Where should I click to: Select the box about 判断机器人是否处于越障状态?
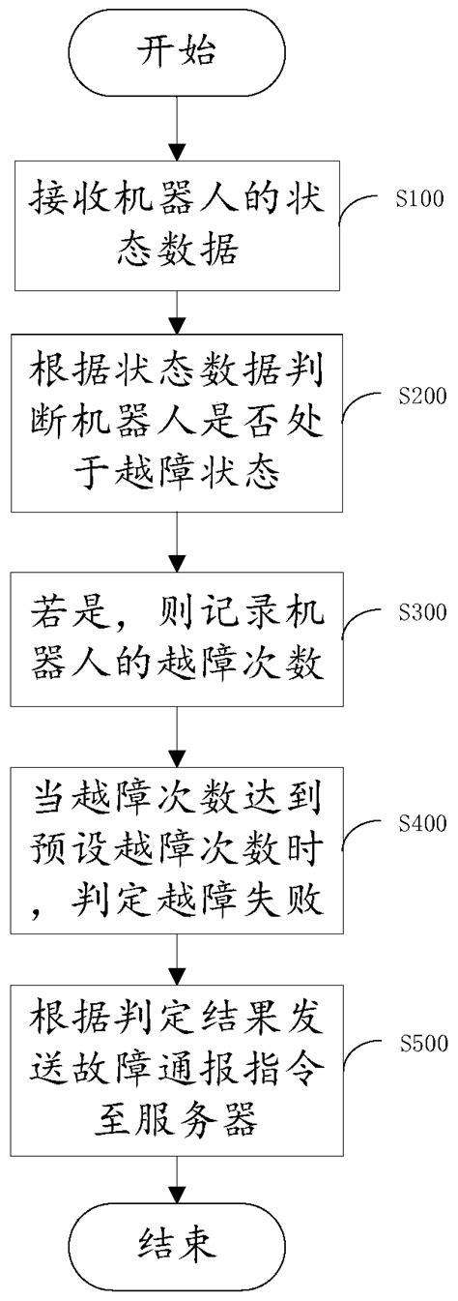tap(177, 423)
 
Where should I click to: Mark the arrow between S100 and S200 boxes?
tap(177, 310)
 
